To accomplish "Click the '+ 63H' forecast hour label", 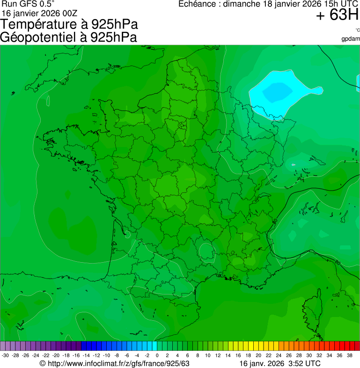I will pyautogui.click(x=337, y=15).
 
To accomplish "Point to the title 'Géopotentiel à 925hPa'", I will pyautogui.click(x=68, y=37).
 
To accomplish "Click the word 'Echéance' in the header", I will pyautogui.click(x=199, y=4).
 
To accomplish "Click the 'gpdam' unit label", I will pyautogui.click(x=351, y=39).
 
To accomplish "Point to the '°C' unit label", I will pyautogui.click(x=357, y=30).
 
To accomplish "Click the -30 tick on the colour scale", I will pyautogui.click(x=5, y=355).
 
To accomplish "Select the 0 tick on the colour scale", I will pyautogui.click(x=157, y=355).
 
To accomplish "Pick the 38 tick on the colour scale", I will pyautogui.click(x=349, y=355).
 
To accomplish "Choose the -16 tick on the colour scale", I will pyautogui.click(x=76, y=355).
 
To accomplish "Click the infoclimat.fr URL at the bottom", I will pyautogui.click(x=119, y=363).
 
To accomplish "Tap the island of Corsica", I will pyautogui.click(x=313, y=309).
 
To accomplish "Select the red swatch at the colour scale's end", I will pyautogui.click(x=357, y=346).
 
